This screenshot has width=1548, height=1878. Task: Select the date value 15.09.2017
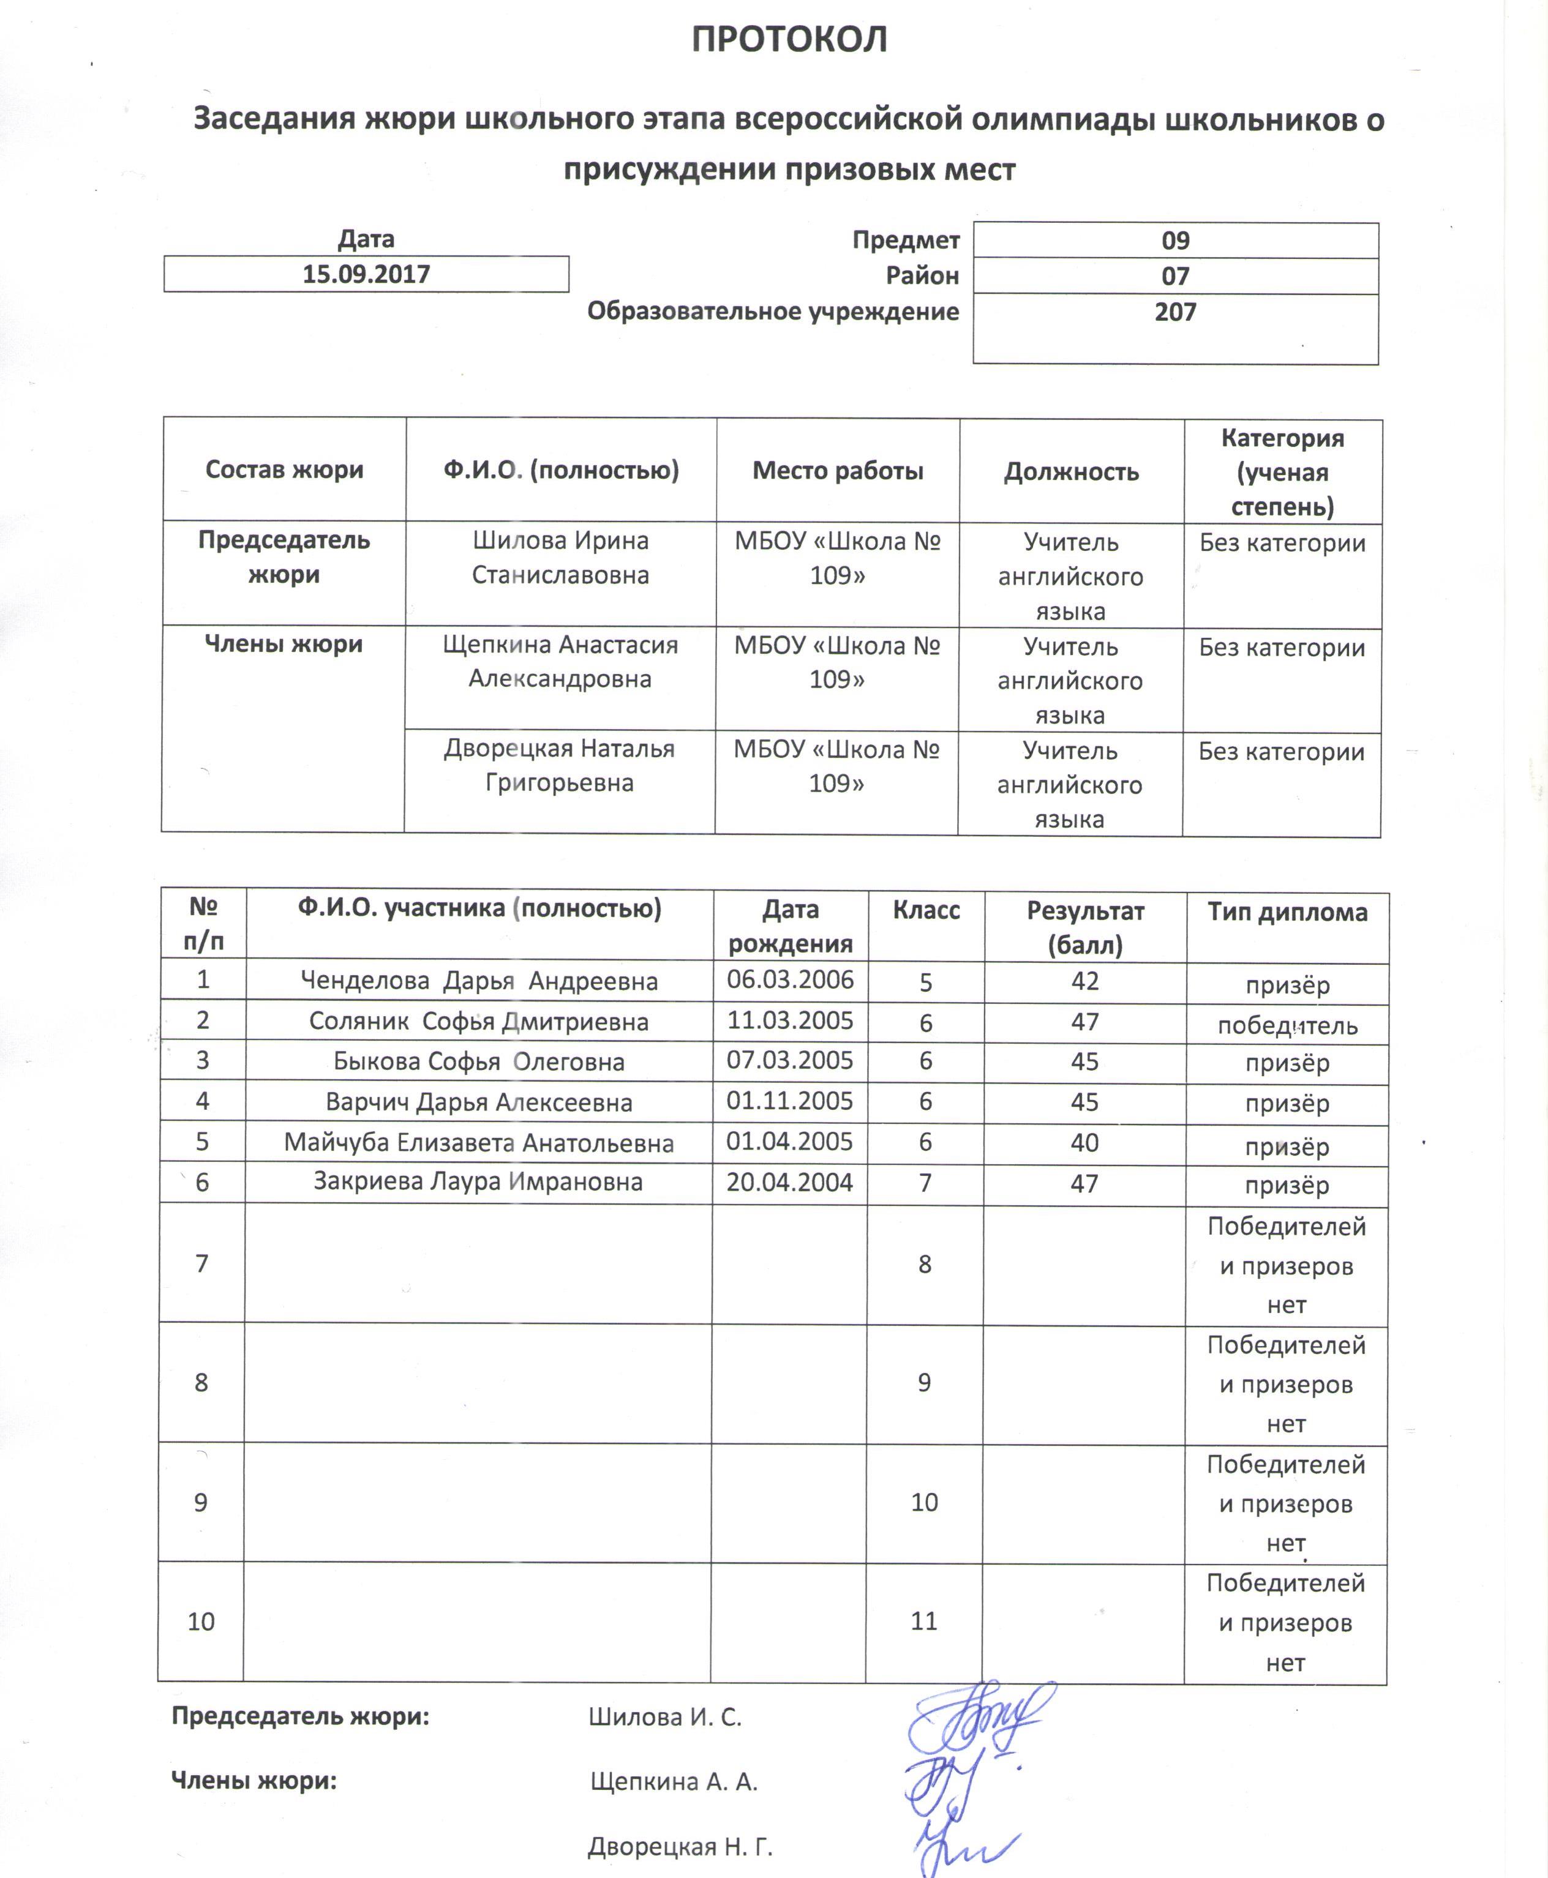(x=366, y=274)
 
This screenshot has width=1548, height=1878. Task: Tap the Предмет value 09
(x=1175, y=241)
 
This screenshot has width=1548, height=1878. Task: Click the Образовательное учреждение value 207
(x=1175, y=312)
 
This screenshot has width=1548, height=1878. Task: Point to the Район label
(x=922, y=275)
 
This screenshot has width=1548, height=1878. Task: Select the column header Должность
(x=1071, y=471)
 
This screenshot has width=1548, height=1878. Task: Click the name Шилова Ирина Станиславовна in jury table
(x=560, y=558)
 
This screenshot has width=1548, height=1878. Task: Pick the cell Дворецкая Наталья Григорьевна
(x=559, y=766)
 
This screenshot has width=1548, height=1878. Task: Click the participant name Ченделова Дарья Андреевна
(x=479, y=981)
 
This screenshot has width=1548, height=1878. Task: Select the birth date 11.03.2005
(x=790, y=1020)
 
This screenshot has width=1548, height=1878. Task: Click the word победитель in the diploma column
(x=1287, y=1026)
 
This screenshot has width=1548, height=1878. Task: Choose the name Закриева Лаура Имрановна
(x=478, y=1182)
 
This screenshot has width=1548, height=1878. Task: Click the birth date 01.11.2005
(x=790, y=1101)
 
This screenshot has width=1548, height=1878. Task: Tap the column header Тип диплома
(x=1287, y=912)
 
